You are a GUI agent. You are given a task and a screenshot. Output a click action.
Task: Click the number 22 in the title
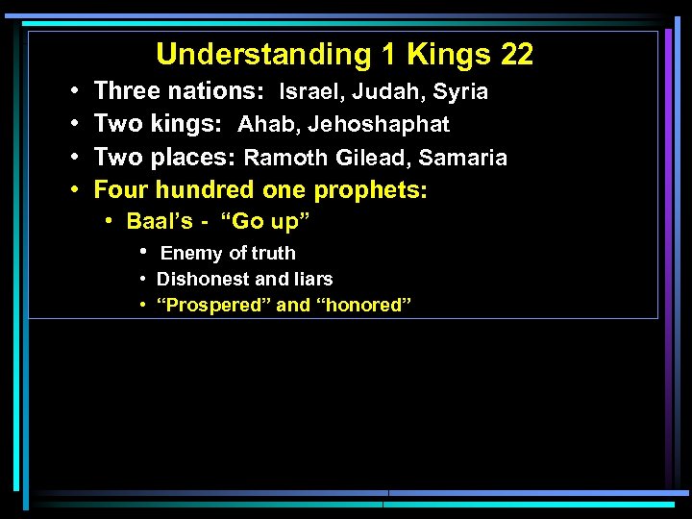(516, 55)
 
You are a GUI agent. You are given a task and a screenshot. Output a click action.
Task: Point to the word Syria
(460, 92)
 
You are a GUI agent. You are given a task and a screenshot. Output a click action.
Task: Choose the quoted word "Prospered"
(213, 306)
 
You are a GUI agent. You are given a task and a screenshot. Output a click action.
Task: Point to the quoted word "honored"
(363, 306)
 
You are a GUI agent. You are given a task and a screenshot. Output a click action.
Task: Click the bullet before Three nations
(74, 92)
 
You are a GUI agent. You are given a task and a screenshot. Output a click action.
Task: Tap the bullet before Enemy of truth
(143, 253)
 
